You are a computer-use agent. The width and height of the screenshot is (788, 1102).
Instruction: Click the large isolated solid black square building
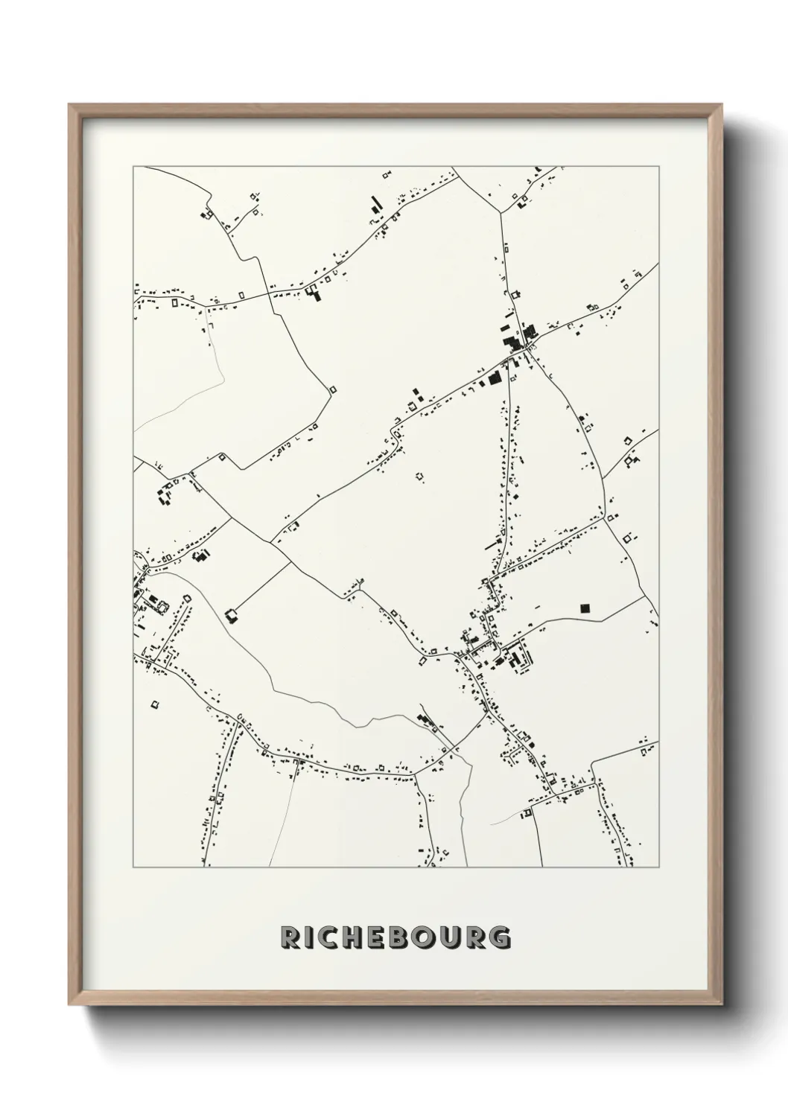point(585,608)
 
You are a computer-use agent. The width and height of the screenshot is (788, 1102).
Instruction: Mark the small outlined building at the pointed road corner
point(333,389)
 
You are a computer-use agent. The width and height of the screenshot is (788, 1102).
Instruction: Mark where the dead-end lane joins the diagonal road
point(291,562)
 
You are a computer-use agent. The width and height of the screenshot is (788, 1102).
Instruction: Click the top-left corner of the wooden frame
point(69,104)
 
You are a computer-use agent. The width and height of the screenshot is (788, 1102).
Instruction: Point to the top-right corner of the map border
point(658,166)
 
